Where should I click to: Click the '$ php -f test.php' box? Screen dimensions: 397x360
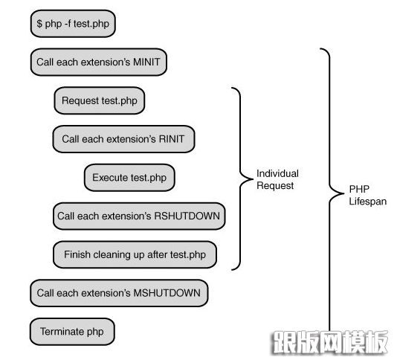(x=73, y=24)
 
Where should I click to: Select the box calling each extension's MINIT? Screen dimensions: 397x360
(x=98, y=62)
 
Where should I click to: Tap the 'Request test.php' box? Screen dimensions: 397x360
(x=100, y=100)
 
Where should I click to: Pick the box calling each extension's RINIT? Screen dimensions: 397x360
(x=123, y=139)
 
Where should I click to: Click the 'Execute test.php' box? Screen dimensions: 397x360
(x=129, y=178)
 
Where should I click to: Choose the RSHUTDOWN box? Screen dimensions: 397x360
(x=139, y=216)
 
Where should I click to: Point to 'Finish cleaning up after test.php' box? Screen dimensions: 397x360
(x=135, y=254)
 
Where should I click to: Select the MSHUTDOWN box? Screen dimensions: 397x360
(x=119, y=293)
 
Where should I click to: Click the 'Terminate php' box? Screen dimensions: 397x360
(x=72, y=332)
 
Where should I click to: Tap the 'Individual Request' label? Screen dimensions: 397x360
(x=277, y=179)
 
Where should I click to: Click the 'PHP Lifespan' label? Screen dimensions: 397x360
(x=367, y=195)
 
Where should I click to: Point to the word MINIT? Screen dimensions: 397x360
(x=146, y=62)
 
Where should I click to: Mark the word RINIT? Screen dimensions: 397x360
(x=172, y=139)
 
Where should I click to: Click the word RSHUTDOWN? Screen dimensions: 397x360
(x=187, y=216)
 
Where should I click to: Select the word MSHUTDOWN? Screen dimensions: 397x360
(x=167, y=293)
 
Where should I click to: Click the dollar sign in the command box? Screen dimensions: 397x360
(x=39, y=24)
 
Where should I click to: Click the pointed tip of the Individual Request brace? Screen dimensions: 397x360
(x=253, y=179)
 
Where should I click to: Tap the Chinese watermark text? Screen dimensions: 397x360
(x=330, y=341)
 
